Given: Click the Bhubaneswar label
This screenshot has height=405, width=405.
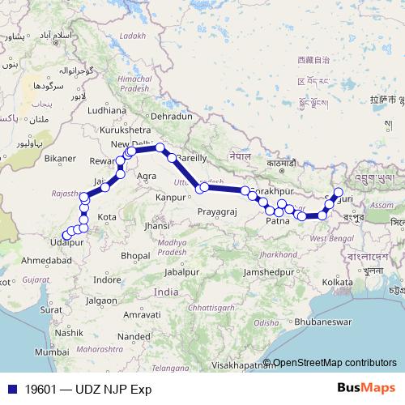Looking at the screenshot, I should click(297, 322).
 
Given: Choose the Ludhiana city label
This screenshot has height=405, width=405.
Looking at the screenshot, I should click(107, 109).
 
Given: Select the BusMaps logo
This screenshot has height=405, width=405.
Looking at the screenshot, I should click(364, 388).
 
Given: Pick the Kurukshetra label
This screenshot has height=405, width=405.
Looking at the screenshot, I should click(124, 129).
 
